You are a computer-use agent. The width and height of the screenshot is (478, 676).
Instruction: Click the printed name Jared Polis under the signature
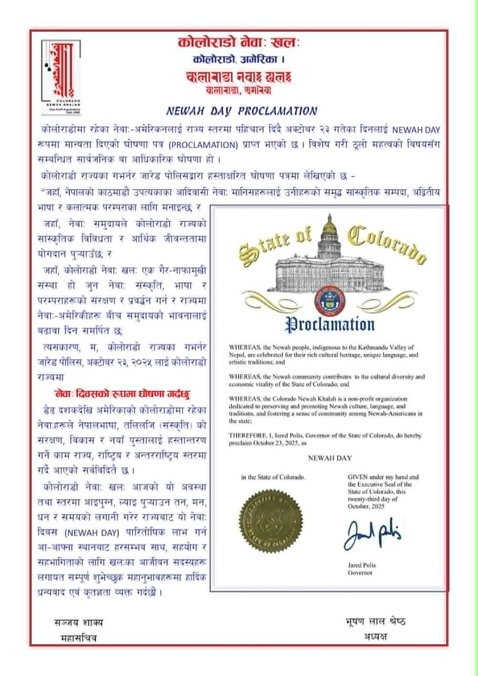click(363, 565)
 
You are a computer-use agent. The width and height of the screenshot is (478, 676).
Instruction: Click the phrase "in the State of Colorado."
click(273, 478)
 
